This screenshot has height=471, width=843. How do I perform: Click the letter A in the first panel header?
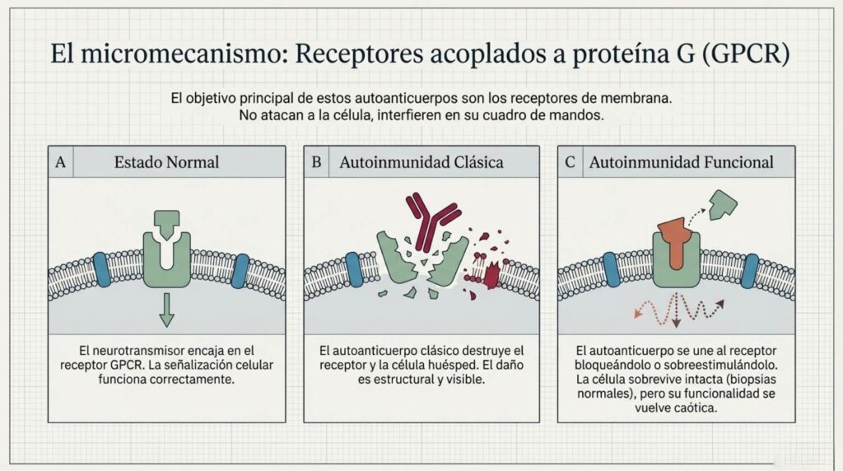point(60,162)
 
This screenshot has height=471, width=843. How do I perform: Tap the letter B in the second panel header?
point(316,162)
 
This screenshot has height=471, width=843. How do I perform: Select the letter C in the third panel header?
point(570,162)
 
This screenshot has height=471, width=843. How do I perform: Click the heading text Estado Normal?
point(166,162)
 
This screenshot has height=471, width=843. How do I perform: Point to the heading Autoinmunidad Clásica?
point(421,162)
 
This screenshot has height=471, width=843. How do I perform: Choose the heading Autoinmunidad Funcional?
point(681,162)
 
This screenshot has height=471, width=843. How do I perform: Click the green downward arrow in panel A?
point(166,310)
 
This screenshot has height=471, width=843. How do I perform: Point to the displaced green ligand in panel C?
point(723,205)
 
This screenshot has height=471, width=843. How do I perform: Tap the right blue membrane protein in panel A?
point(240,271)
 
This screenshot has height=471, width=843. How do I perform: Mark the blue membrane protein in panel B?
point(354,270)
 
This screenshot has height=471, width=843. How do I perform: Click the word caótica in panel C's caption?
point(697,408)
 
